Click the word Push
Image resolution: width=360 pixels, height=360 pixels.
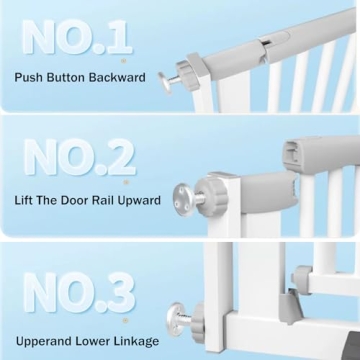pos(30,77)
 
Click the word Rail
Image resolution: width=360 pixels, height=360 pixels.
pos(115,200)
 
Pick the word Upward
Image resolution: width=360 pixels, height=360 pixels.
pos(147,200)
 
